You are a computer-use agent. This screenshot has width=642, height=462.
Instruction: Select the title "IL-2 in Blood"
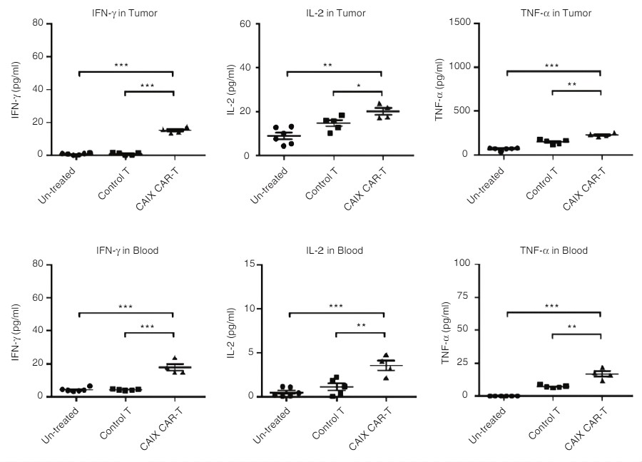point(335,250)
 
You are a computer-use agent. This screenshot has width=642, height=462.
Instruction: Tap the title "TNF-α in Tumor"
point(554,13)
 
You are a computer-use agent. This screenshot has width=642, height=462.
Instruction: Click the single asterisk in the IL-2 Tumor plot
point(358,86)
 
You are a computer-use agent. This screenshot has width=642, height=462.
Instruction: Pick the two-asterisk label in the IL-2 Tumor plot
point(327,66)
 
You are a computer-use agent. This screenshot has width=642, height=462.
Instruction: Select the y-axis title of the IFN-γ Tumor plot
point(15,89)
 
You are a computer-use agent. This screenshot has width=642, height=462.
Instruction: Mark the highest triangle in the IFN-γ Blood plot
point(175,358)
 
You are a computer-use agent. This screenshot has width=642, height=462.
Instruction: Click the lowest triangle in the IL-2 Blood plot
point(386,377)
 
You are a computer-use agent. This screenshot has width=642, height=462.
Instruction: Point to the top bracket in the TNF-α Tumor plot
point(554,71)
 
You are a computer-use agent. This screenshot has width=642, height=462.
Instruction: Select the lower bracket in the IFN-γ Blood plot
point(149,333)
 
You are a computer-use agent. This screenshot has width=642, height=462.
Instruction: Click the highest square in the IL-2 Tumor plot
point(342,115)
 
